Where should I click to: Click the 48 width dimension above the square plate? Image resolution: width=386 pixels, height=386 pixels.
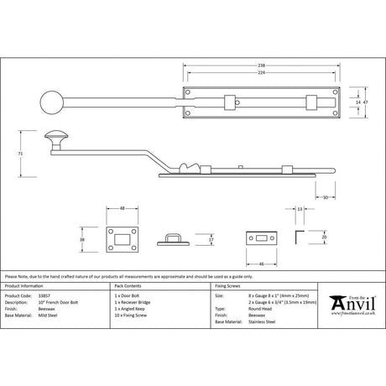tap(122, 209)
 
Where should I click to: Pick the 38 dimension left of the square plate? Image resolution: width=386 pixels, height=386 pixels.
tap(81, 238)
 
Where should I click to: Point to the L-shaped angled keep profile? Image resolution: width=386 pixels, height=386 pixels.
tap(300, 237)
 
